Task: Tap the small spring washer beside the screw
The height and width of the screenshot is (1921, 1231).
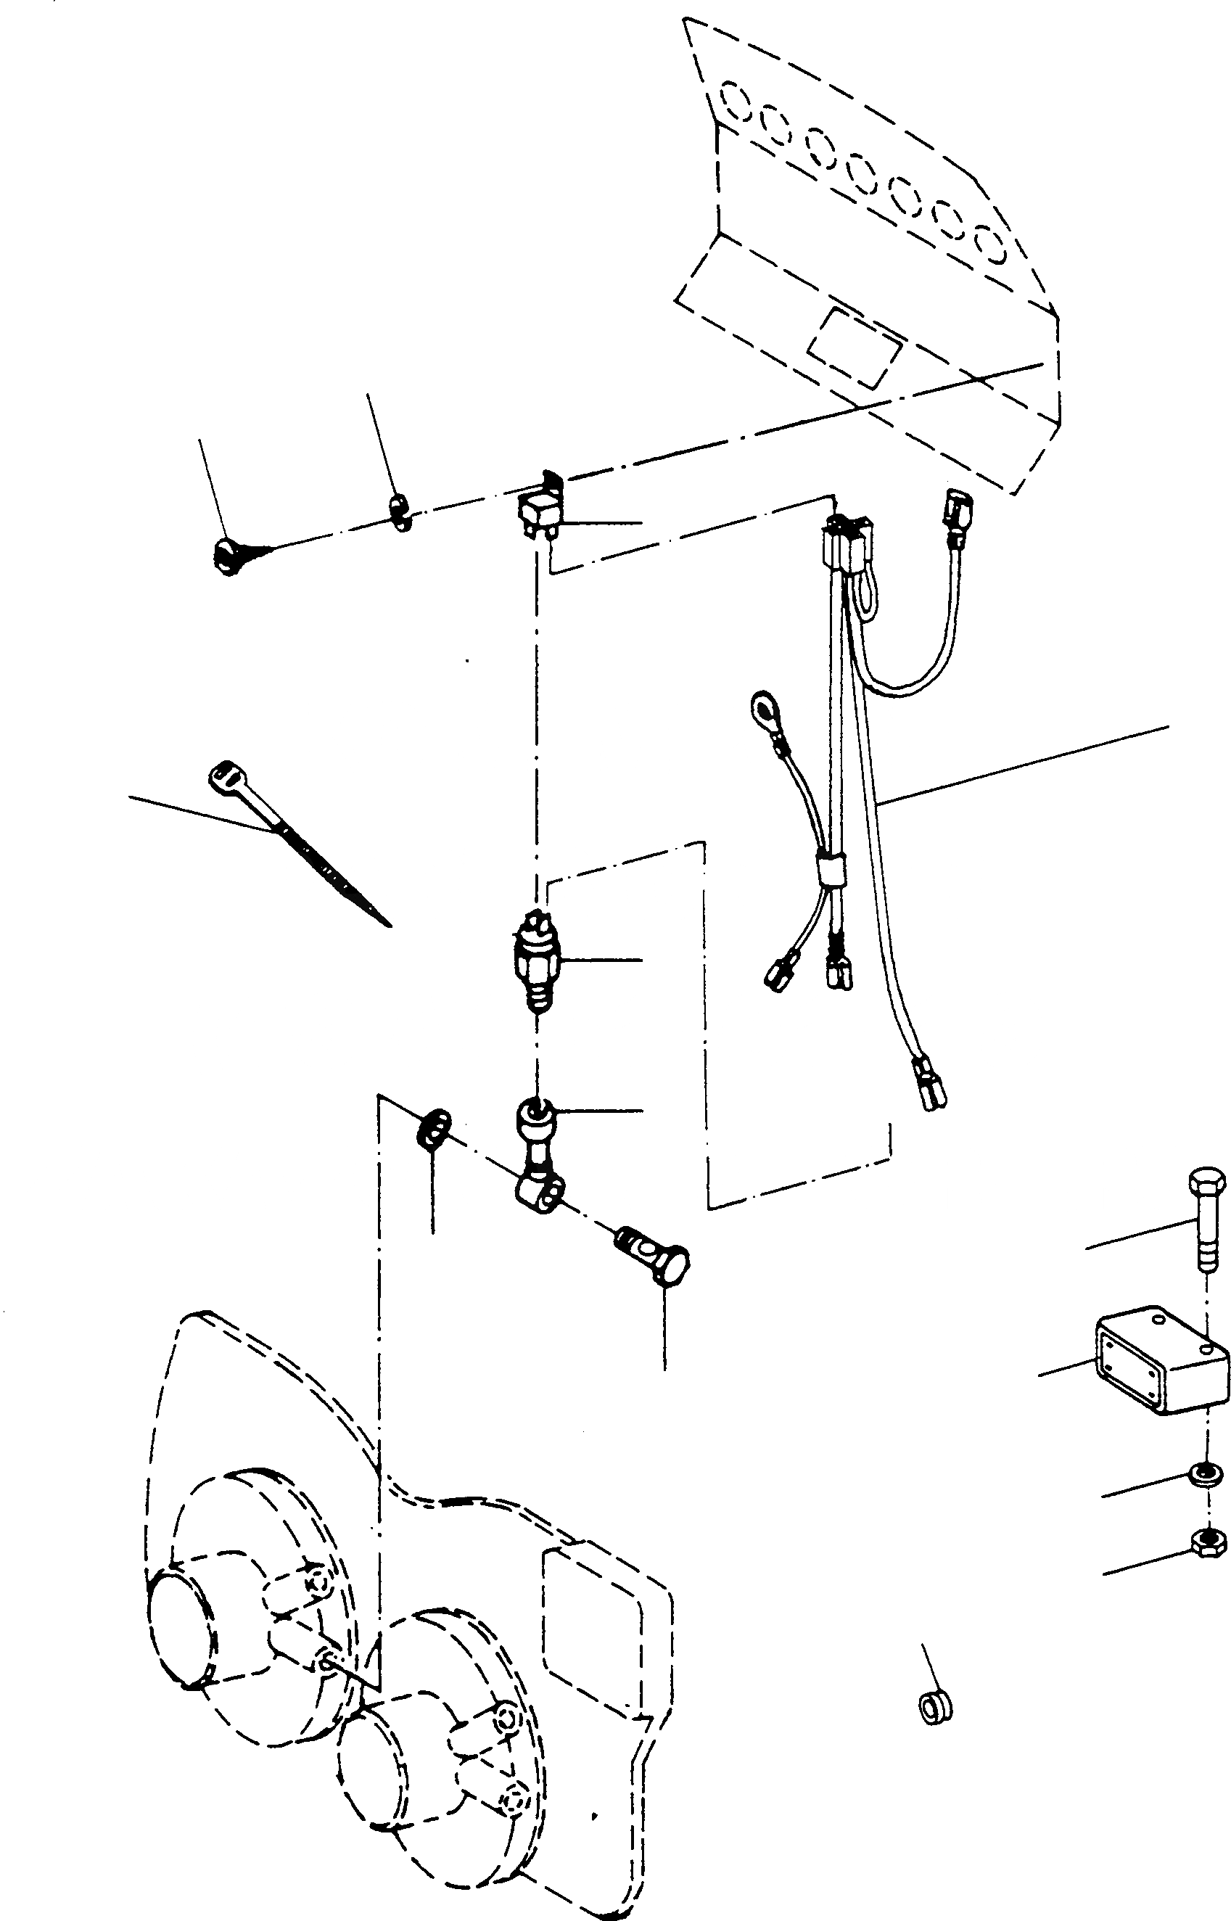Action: [x=400, y=512]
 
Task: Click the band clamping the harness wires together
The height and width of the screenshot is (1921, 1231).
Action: [x=831, y=869]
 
